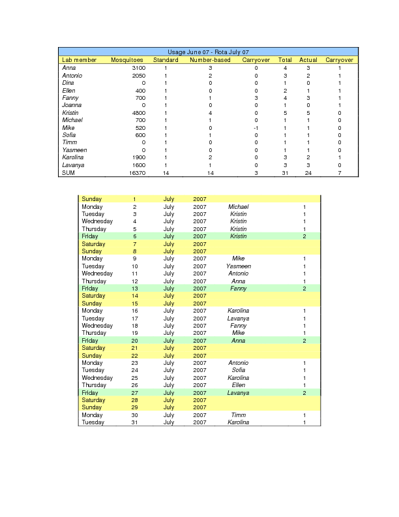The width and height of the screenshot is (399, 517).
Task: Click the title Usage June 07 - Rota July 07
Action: tap(208, 52)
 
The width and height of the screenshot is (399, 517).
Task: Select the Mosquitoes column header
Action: tap(127, 60)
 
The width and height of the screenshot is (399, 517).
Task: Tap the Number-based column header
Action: tap(210, 60)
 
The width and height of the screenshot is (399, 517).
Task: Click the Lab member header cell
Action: tap(80, 60)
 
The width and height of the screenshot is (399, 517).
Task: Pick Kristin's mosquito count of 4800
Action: tap(138, 113)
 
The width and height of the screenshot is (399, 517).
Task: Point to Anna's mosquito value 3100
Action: tap(138, 68)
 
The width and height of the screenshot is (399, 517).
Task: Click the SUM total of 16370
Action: tap(137, 173)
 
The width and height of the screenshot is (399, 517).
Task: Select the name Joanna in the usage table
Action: tap(72, 105)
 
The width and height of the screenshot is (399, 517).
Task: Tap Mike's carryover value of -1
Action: tap(256, 128)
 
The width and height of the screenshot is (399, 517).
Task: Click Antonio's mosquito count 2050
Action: tap(138, 76)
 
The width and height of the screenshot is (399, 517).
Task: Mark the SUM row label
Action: tap(68, 173)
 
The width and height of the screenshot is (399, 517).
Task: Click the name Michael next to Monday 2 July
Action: tap(239, 207)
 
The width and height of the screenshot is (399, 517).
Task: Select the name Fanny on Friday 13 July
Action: tap(239, 289)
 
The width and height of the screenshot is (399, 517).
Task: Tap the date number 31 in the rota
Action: tap(134, 422)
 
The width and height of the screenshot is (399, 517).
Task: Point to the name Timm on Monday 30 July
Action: tap(239, 415)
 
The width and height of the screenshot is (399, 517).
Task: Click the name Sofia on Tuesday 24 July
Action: tap(239, 370)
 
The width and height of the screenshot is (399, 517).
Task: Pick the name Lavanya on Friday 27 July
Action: tap(239, 393)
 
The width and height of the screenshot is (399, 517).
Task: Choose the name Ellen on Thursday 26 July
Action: tap(239, 385)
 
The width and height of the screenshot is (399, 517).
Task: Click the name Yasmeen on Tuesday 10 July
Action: tap(239, 266)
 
